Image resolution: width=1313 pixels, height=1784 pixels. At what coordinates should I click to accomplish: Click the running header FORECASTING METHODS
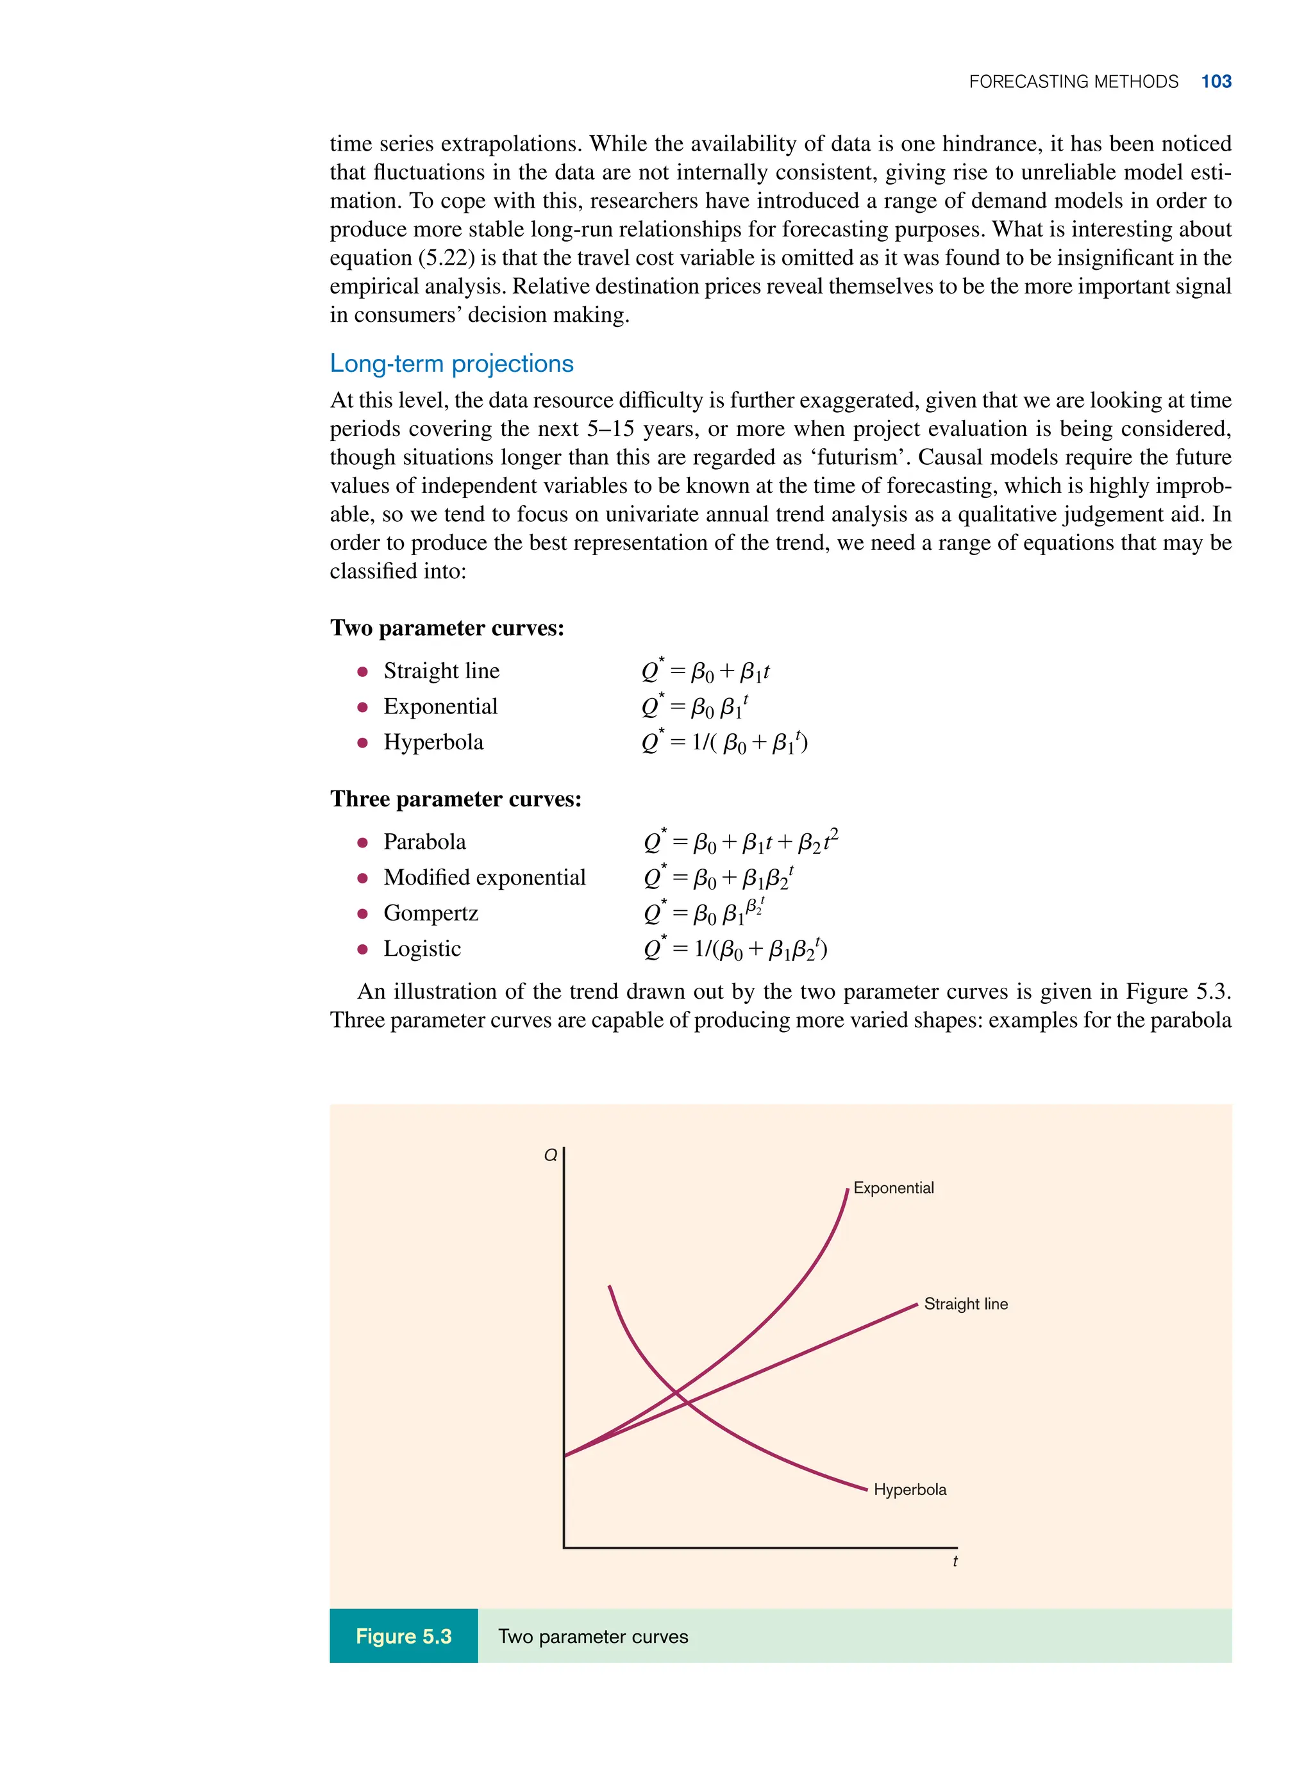[1073, 82]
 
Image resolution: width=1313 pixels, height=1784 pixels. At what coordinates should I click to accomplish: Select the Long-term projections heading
[451, 363]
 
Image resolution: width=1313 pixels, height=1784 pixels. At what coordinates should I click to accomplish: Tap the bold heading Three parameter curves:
[455, 799]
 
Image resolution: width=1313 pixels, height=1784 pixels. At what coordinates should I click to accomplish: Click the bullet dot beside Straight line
[362, 671]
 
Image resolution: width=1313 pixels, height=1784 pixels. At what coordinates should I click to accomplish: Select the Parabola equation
[740, 842]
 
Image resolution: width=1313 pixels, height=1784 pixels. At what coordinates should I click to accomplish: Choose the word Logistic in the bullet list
[421, 948]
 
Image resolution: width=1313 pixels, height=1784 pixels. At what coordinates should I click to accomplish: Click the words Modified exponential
[484, 878]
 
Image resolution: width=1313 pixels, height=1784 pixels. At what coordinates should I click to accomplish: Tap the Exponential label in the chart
[893, 1188]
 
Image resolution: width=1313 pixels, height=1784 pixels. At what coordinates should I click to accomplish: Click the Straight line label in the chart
[965, 1304]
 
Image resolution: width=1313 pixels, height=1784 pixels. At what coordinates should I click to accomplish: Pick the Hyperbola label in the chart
[909, 1490]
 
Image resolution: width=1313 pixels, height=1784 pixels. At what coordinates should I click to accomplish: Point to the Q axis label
[550, 1155]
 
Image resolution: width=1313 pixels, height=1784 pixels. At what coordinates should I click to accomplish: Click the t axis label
[955, 1562]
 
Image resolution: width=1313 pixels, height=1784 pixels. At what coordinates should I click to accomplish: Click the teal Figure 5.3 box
[403, 1636]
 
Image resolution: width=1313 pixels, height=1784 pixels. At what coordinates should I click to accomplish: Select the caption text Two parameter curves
[593, 1636]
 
